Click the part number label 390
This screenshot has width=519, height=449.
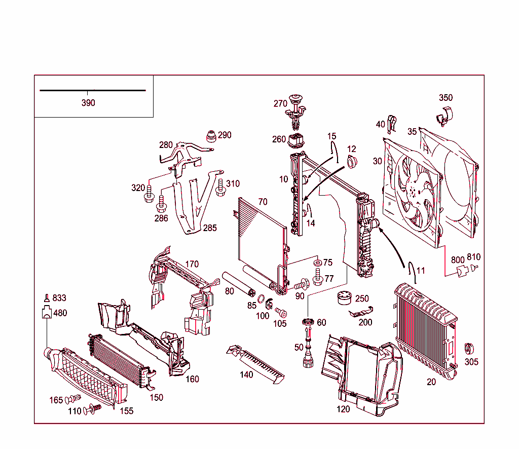click(88, 103)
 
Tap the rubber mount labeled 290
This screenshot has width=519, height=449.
click(209, 136)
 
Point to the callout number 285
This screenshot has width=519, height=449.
click(210, 228)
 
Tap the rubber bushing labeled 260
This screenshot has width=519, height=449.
click(295, 140)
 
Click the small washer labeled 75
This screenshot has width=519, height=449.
click(317, 263)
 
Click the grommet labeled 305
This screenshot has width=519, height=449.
click(470, 349)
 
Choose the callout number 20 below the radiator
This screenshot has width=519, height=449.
click(431, 382)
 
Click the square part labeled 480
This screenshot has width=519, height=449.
click(47, 314)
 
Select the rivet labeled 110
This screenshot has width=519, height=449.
click(92, 409)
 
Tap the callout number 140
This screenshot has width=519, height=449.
click(246, 375)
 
